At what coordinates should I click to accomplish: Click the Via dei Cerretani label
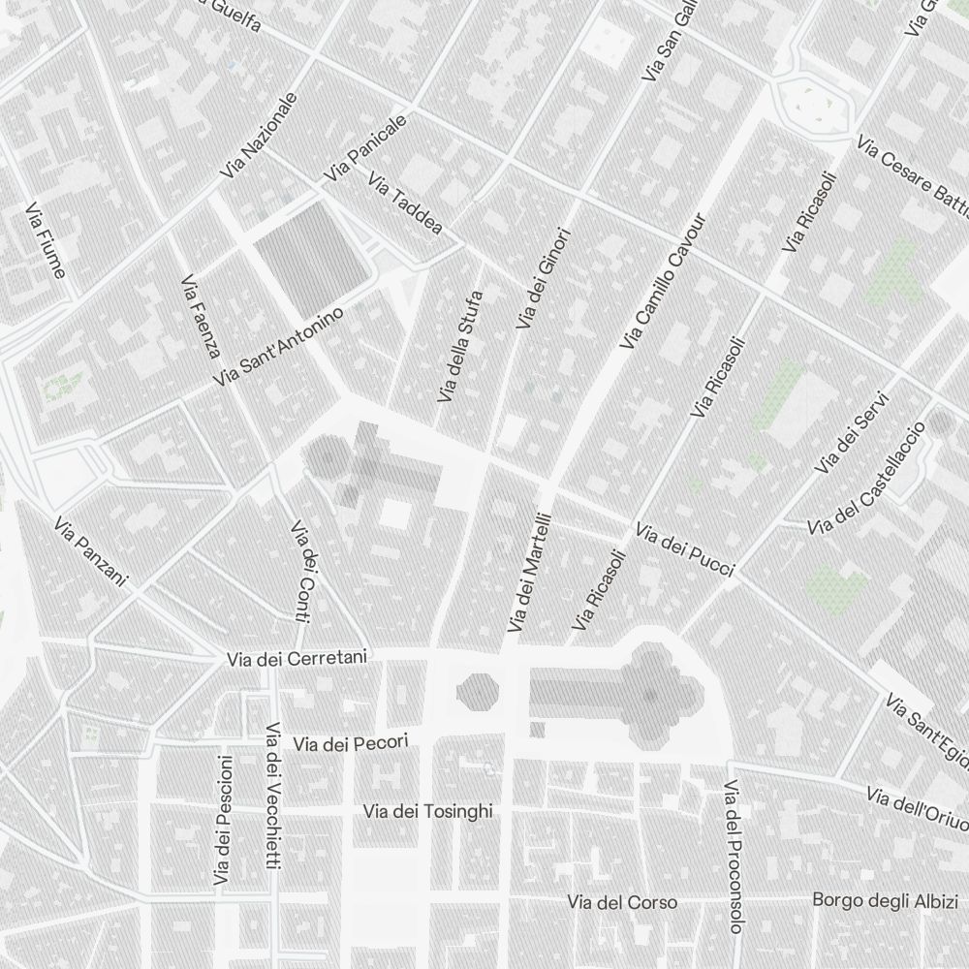tap(297, 659)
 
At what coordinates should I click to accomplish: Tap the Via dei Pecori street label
tap(352, 743)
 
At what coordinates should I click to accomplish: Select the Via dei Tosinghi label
tap(427, 811)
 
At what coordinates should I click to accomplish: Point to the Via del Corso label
tap(623, 902)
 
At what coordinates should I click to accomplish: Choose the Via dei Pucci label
tap(684, 549)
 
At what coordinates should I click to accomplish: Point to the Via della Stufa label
tap(460, 346)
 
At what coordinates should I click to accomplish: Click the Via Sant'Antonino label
tap(279, 347)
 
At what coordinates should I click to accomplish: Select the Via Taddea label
tap(405, 204)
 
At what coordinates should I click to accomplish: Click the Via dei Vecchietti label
tap(273, 796)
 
